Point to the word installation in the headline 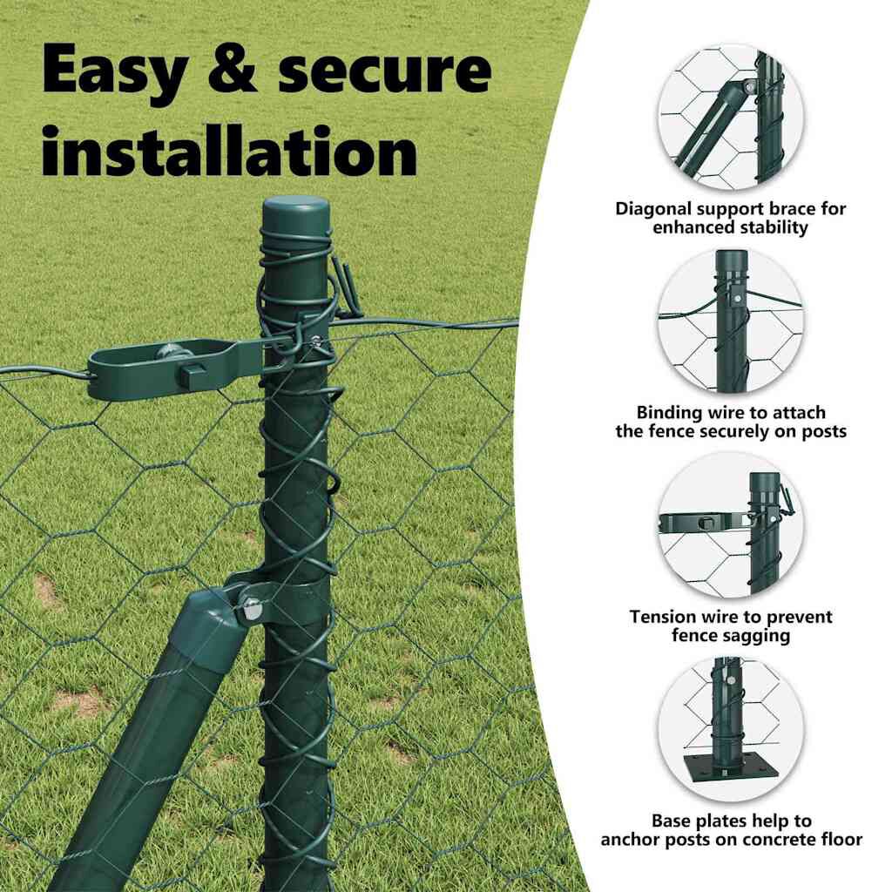point(229,150)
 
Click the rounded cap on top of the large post point(295,213)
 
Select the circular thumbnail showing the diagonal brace point(731,118)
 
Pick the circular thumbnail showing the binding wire point(731,321)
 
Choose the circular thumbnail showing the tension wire point(731,525)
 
